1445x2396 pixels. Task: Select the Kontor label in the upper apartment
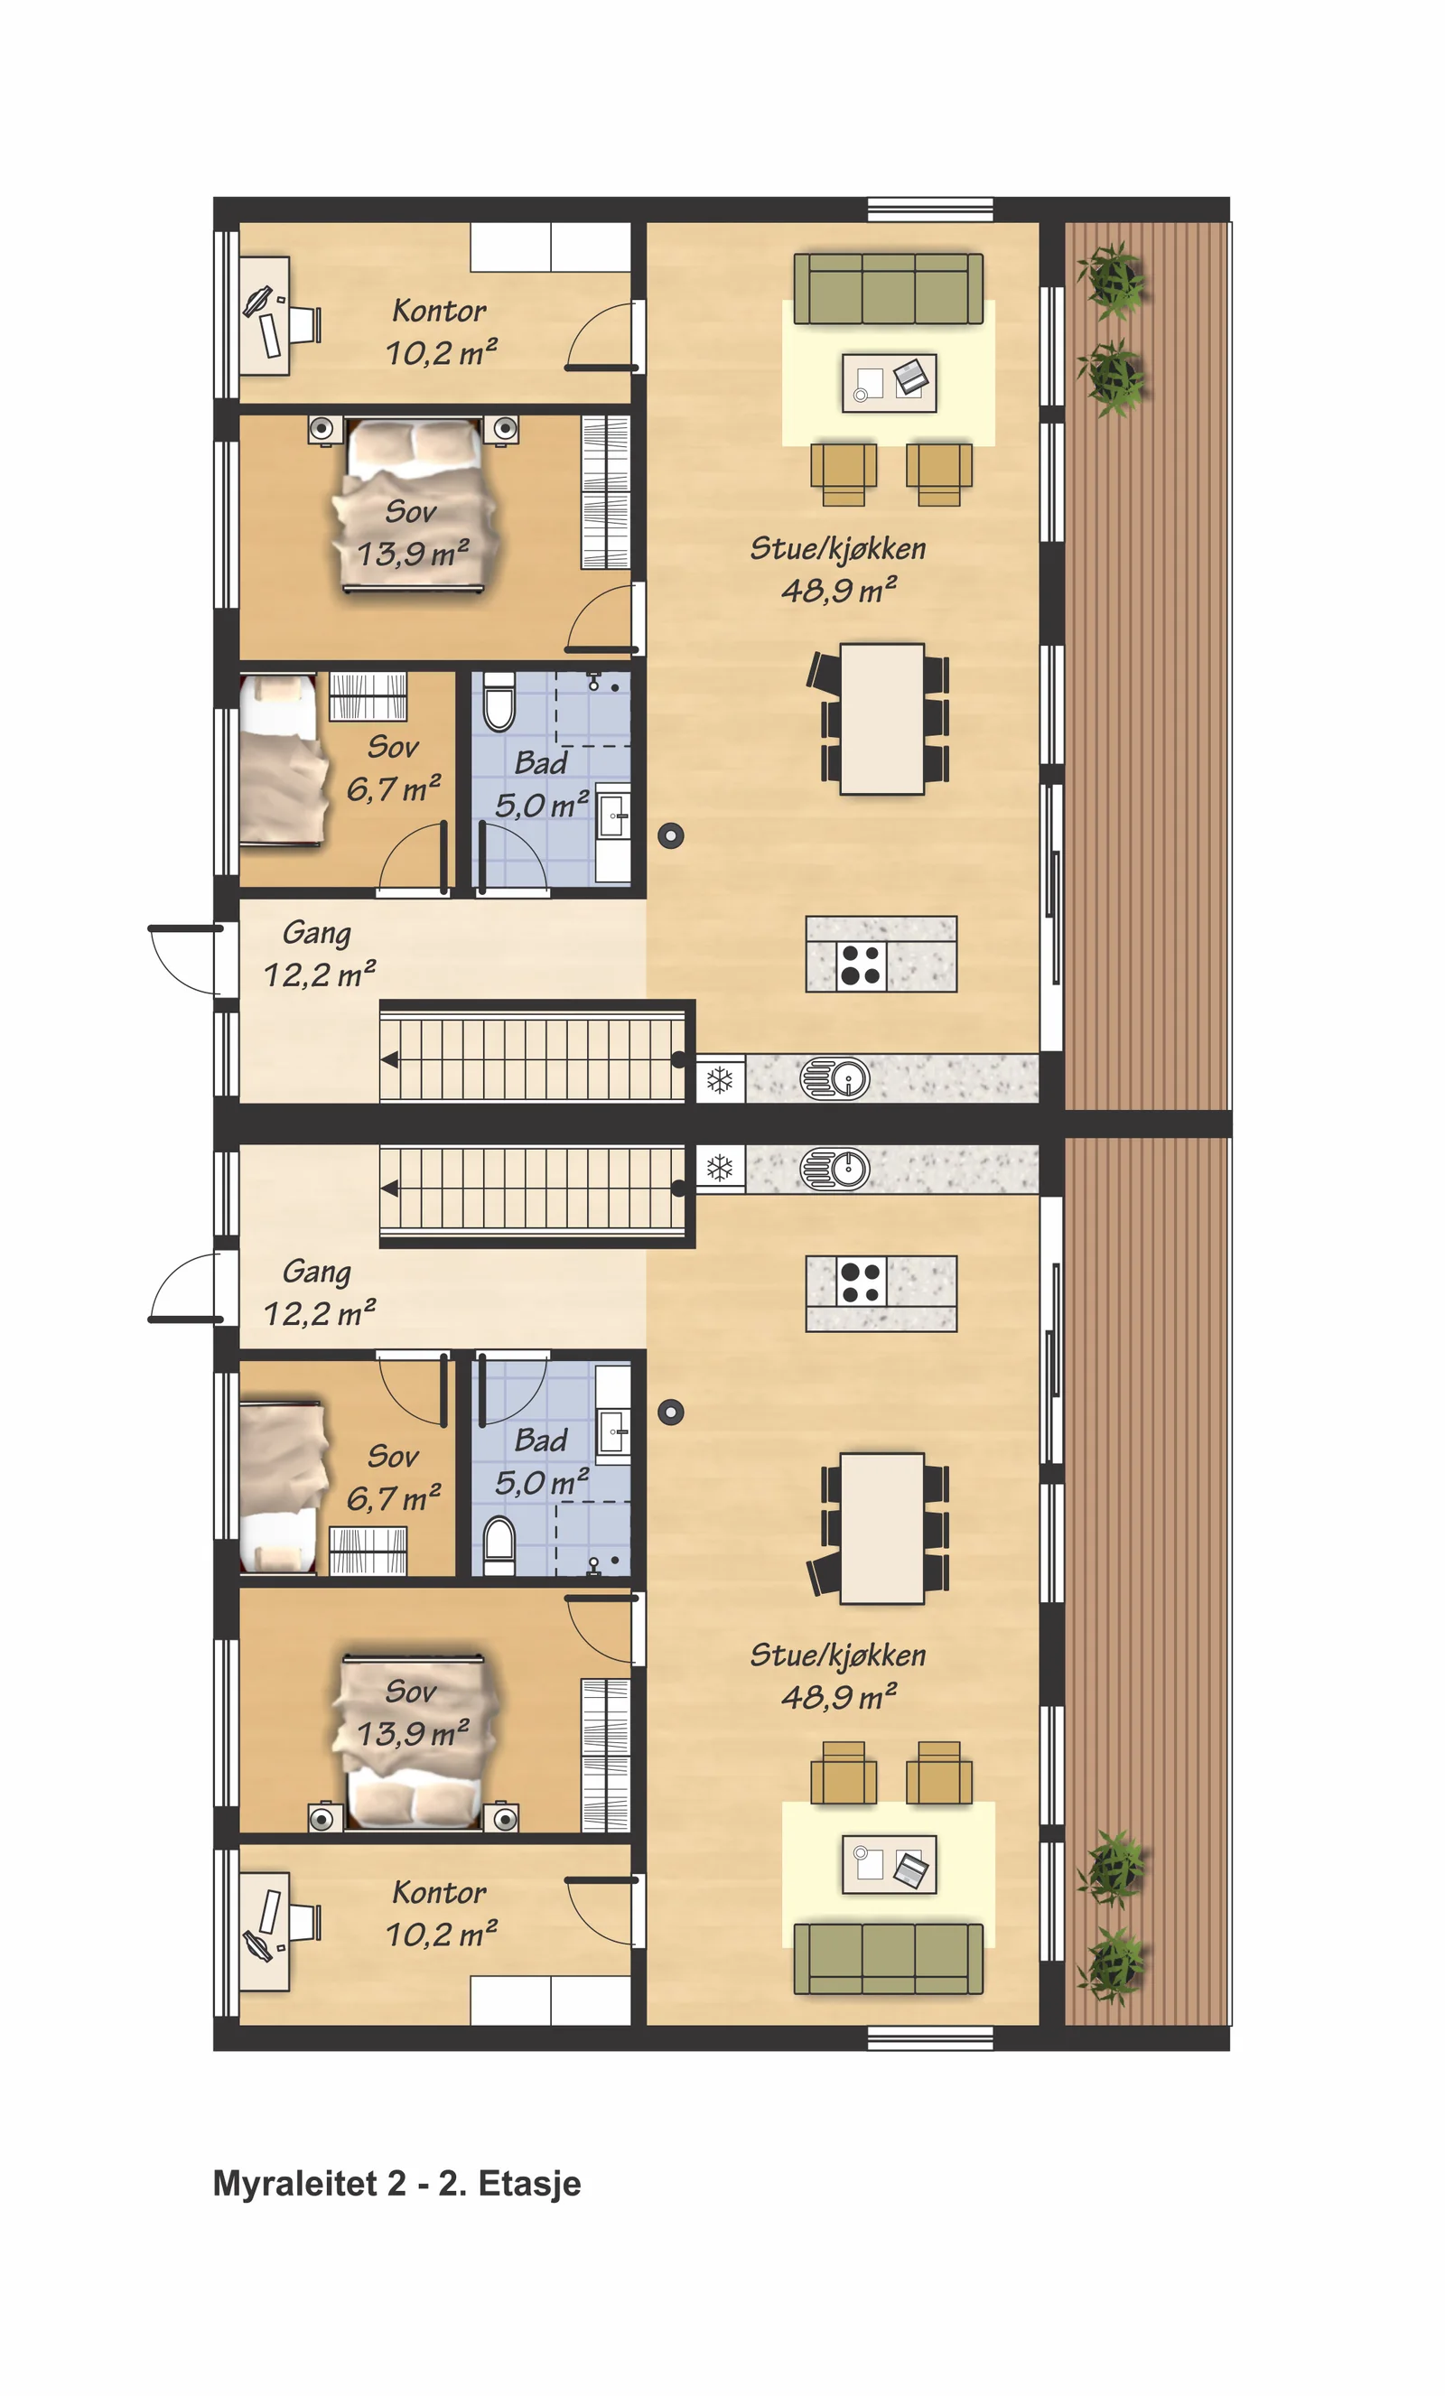440,312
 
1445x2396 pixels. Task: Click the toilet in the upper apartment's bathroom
499,700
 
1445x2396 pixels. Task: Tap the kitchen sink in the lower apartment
835,1169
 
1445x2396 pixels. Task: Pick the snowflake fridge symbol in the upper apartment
720,1079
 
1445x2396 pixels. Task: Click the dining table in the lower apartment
882,1528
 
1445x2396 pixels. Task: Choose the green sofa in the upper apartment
888,288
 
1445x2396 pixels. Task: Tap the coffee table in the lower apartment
889,1864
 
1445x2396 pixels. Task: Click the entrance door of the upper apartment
186,960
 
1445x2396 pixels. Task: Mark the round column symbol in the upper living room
671,835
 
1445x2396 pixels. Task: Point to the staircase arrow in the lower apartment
390,1188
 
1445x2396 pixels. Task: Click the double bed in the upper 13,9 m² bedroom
415,505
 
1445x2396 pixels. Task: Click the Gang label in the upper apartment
317,934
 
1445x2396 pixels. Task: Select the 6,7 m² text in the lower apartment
394,1497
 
